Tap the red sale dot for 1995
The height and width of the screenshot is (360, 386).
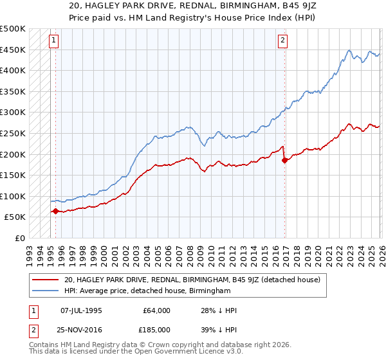click(x=55, y=211)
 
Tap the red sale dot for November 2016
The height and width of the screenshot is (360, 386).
click(x=284, y=160)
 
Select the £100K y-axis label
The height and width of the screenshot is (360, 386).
click(x=14, y=196)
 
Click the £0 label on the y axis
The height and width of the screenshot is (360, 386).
click(x=19, y=238)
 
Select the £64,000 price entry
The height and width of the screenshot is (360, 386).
click(x=156, y=310)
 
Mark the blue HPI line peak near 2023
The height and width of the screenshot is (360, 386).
click(x=349, y=50)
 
